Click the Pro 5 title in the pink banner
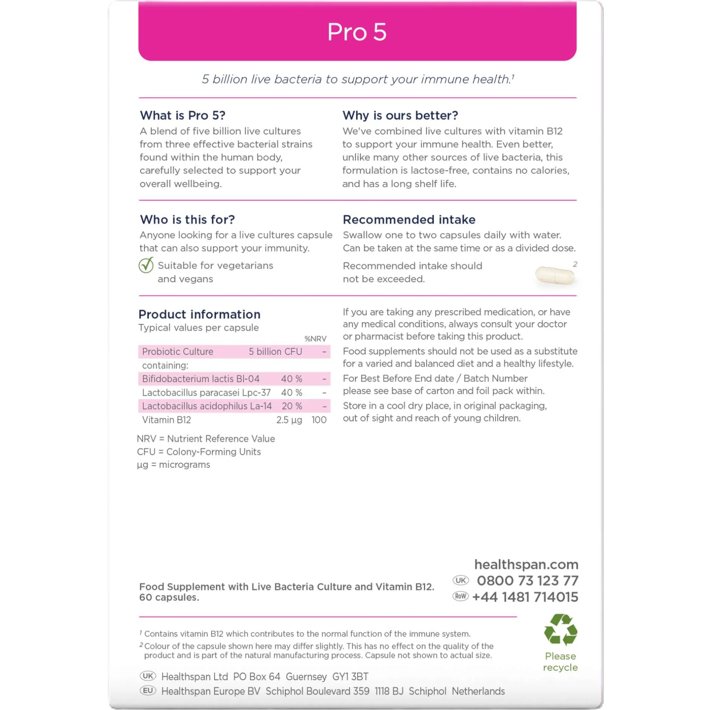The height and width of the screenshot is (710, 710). [x=356, y=32]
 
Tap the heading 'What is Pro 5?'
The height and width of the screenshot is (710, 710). [x=182, y=115]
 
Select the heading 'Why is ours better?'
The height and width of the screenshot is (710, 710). [x=400, y=115]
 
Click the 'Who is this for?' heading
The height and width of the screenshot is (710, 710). [x=187, y=219]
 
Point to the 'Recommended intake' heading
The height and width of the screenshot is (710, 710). [x=409, y=219]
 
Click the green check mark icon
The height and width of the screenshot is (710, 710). [x=146, y=265]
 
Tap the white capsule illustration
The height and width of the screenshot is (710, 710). [x=554, y=275]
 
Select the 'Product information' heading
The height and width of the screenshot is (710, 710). [x=199, y=314]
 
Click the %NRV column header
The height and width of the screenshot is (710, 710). [x=315, y=339]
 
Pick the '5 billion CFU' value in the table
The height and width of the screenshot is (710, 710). [x=275, y=352]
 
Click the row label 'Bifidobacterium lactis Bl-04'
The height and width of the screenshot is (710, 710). [x=201, y=379]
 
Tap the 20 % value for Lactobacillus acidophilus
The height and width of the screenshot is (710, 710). [x=292, y=406]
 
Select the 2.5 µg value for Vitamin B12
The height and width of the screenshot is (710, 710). [x=289, y=420]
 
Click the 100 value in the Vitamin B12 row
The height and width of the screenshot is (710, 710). [x=319, y=420]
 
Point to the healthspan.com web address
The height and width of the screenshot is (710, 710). [x=526, y=564]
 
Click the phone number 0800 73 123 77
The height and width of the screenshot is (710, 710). [x=527, y=580]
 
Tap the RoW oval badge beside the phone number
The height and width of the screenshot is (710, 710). [x=460, y=596]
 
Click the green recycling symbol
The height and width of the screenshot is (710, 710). [x=560, y=630]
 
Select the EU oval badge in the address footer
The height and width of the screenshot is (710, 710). [x=148, y=691]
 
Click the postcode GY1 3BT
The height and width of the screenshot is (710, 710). [x=350, y=676]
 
